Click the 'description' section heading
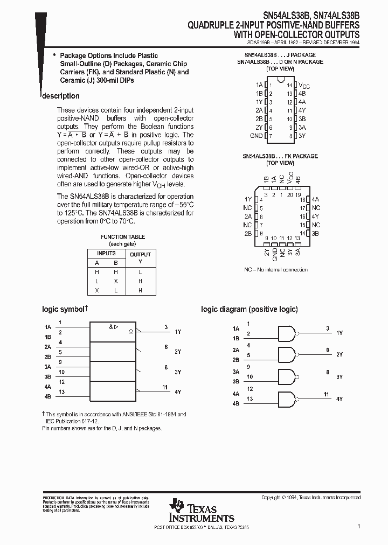pyautogui.click(x=61, y=96)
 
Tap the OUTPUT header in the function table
pyautogui.click(x=140, y=254)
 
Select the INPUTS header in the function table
pyautogui.click(x=106, y=253)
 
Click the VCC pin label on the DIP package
pyautogui.click(x=304, y=86)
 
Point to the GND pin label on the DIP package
pyautogui.click(x=256, y=136)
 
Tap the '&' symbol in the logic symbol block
pyautogui.click(x=110, y=326)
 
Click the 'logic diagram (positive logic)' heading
pyautogui.click(x=249, y=309)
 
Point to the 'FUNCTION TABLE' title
pyautogui.click(x=122, y=237)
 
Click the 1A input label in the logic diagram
pyautogui.click(x=236, y=328)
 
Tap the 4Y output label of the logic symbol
pyautogui.click(x=178, y=392)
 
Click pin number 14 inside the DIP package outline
pyautogui.click(x=289, y=85)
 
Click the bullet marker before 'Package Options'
pyautogui.click(x=54, y=55)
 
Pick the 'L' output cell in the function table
pyautogui.click(x=140, y=272)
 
